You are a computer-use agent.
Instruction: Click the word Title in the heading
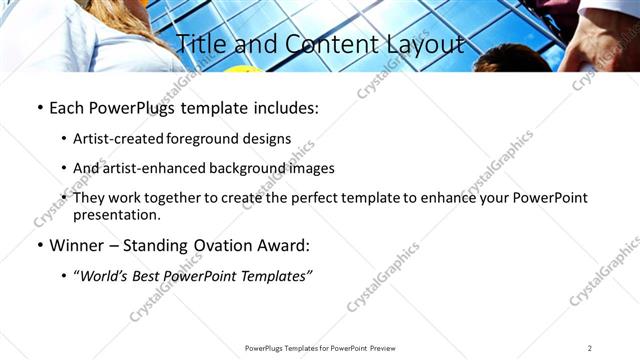pyautogui.click(x=199, y=44)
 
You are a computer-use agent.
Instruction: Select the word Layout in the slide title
pyautogui.click(x=425, y=44)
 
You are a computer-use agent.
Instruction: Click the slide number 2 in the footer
pyautogui.click(x=590, y=348)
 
